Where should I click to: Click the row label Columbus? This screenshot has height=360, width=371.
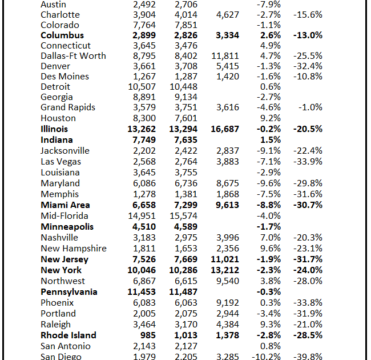(62, 35)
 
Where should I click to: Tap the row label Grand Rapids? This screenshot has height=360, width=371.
(68, 107)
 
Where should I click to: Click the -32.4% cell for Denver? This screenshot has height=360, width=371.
(307, 66)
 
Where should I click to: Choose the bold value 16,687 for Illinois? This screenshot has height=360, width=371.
(224, 129)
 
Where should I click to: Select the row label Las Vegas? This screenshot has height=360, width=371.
(61, 162)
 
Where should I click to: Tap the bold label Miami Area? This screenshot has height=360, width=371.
(65, 205)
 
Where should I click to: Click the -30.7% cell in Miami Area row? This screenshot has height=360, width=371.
(307, 205)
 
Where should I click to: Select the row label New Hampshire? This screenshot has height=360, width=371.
(74, 249)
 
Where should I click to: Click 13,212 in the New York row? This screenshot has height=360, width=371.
(224, 270)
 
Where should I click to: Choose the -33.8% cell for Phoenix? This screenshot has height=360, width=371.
(307, 303)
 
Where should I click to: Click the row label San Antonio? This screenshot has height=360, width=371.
(66, 346)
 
